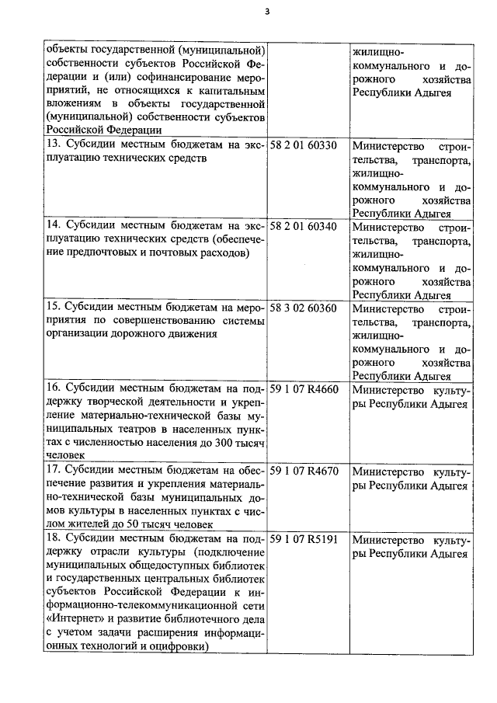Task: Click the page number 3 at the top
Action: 266,11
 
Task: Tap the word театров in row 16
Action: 137,430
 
